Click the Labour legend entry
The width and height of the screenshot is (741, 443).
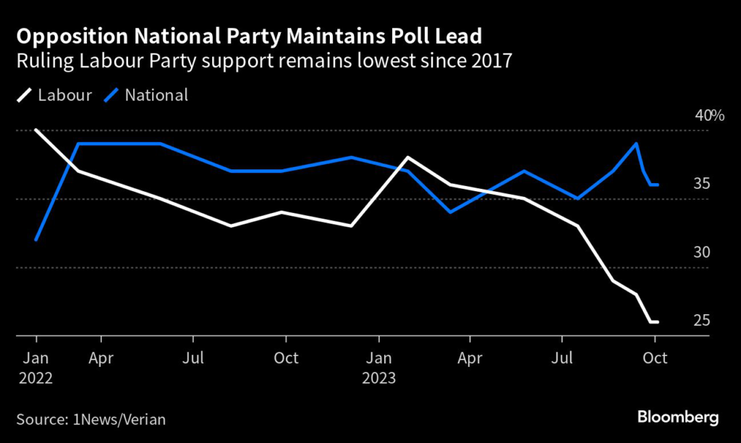(x=54, y=95)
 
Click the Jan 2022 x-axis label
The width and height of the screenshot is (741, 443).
(x=35, y=367)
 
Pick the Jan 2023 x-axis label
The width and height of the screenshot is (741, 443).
(x=378, y=367)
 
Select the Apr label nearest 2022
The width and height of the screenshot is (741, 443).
(x=101, y=358)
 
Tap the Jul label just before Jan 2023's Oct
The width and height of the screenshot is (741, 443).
(x=193, y=358)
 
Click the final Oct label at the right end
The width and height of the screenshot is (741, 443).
(x=655, y=358)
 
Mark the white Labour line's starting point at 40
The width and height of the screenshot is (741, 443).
(x=35, y=130)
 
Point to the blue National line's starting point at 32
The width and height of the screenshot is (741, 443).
(x=35, y=240)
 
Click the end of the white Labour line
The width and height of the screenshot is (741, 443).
(x=657, y=321)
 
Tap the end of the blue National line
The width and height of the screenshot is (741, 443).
(x=657, y=185)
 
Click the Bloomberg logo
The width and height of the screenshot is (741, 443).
(x=678, y=418)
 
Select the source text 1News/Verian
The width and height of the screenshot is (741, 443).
(x=120, y=418)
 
